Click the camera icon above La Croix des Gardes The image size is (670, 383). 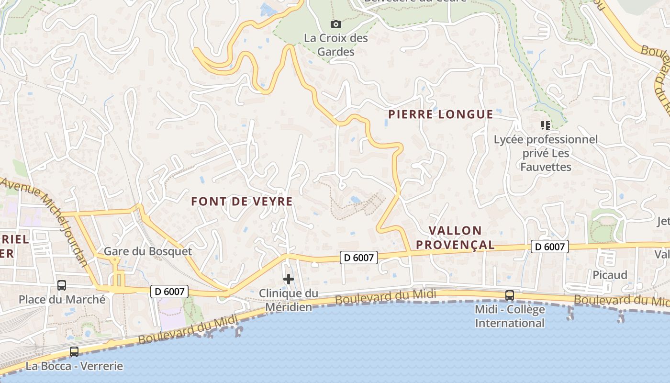pos(336,24)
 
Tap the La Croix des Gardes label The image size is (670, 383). pos(336,45)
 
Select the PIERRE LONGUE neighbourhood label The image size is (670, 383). pos(440,114)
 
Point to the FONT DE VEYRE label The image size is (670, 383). pos(242,202)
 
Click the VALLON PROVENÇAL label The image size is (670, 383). pos(455,237)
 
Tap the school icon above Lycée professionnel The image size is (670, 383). pos(545,125)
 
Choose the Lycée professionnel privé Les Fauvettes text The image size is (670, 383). pos(546,153)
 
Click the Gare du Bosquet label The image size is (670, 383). pos(148,251)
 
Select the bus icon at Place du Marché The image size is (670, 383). pos(62,285)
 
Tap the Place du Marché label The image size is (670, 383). pos(62,300)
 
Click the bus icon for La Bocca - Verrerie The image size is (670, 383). pos(74,352)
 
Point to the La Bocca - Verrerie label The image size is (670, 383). pos(74,366)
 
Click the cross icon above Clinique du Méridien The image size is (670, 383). pos(289,279)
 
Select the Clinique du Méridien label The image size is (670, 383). pos(289,300)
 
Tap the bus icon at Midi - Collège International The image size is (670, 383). pos(510,295)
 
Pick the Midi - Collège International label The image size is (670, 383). pos(510,316)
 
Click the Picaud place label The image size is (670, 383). pos(610,275)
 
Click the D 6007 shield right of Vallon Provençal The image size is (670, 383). pos(550,247)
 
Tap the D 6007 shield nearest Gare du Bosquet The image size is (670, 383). pos(169,291)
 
